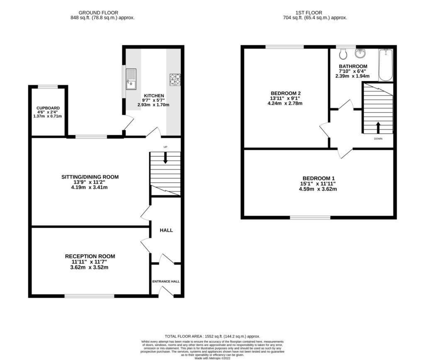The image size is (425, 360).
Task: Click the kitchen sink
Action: pyautogui.click(x=131, y=79)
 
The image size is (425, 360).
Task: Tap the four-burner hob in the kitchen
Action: pyautogui.click(x=175, y=80)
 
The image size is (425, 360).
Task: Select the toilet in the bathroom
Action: pyautogui.click(x=343, y=54)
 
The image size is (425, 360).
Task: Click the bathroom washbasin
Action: pyautogui.click(x=361, y=54)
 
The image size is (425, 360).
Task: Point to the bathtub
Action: pyautogui.click(x=386, y=65)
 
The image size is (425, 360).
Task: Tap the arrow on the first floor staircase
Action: pyautogui.click(x=378, y=127)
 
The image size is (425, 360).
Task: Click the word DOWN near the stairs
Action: pyautogui.click(x=378, y=139)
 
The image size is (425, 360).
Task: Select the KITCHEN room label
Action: pyautogui.click(x=154, y=96)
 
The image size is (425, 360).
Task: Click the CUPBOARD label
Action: pyautogui.click(x=48, y=108)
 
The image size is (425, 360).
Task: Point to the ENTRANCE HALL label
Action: pyautogui.click(x=166, y=282)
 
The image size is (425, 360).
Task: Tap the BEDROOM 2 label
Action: pyautogui.click(x=285, y=93)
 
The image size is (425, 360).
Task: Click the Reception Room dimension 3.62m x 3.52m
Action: pyautogui.click(x=89, y=267)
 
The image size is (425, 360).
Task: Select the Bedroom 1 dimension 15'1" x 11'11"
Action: pyautogui.click(x=318, y=184)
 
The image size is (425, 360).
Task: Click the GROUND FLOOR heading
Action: pyautogui.click(x=98, y=13)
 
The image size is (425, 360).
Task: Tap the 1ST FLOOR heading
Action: pyautogui.click(x=309, y=13)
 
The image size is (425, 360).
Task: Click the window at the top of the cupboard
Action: pyautogui.click(x=48, y=87)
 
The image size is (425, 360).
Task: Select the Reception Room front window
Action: pyautogui.click(x=90, y=296)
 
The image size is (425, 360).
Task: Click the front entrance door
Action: pyautogui.click(x=166, y=292)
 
